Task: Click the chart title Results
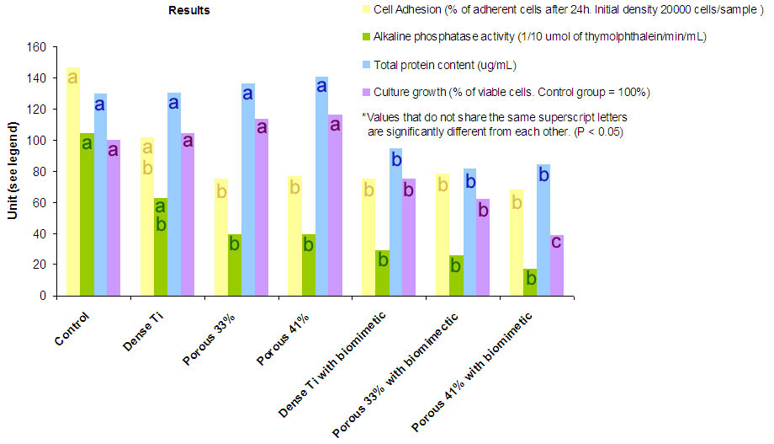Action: pos(189,11)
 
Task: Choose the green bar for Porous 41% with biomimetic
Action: pos(529,281)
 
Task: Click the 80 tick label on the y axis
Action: pos(38,172)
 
